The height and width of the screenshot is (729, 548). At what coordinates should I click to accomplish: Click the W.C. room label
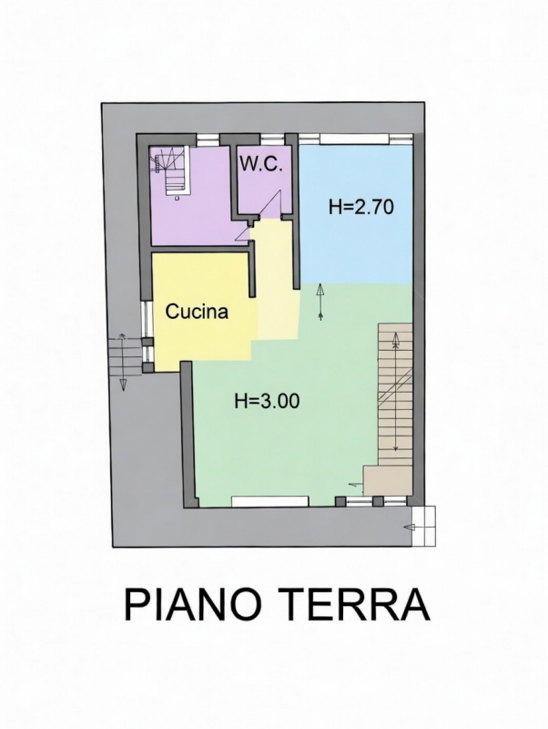click(x=261, y=165)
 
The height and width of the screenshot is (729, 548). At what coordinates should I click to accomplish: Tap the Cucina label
click(x=197, y=312)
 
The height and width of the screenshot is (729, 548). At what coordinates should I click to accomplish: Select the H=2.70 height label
click(x=360, y=207)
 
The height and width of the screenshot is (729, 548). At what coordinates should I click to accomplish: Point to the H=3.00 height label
click(x=267, y=401)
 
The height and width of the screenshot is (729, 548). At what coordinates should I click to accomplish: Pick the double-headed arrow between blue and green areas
click(x=320, y=303)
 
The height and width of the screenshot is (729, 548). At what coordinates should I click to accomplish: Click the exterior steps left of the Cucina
click(x=125, y=355)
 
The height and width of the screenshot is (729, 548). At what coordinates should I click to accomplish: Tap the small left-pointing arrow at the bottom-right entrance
click(x=410, y=527)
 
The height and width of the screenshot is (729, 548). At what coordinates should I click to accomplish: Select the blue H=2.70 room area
click(x=356, y=215)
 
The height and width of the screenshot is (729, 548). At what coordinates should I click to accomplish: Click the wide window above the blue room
click(x=355, y=139)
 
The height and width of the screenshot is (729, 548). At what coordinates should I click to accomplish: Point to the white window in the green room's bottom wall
click(x=269, y=501)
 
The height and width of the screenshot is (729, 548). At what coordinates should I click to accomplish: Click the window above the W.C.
click(x=272, y=139)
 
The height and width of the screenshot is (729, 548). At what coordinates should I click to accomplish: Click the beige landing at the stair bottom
click(x=388, y=480)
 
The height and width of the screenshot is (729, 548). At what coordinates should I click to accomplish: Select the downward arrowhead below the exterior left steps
click(x=123, y=384)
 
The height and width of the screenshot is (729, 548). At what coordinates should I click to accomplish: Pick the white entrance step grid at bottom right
click(x=424, y=526)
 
